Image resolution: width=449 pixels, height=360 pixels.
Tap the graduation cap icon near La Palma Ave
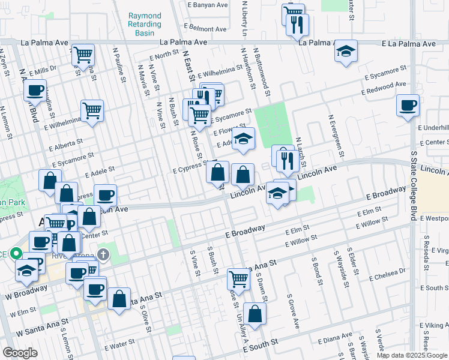click(346, 52)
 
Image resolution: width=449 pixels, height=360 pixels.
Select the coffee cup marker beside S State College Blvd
click(408, 106)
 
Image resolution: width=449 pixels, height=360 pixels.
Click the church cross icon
click(103, 254)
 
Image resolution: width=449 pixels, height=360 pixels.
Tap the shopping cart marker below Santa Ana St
click(239, 279)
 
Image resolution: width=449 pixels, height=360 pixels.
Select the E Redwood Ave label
click(384, 88)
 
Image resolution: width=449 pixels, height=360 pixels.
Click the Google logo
click(20, 353)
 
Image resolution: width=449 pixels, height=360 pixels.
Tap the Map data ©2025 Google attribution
click(412, 355)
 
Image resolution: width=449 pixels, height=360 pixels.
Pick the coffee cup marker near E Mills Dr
click(35, 91)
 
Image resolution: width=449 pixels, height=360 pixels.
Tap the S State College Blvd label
click(413, 186)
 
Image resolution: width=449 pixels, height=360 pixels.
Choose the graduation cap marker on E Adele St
click(243, 139)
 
